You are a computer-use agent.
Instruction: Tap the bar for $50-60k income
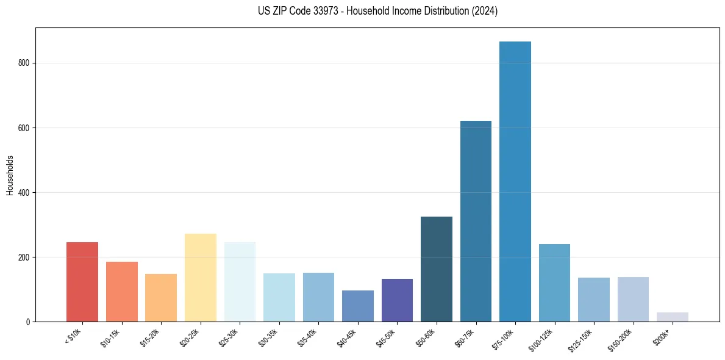point(437,269)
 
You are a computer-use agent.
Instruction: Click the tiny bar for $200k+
point(673,317)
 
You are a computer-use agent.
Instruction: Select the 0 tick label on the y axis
point(29,322)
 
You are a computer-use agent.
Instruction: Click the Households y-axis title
point(10,175)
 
